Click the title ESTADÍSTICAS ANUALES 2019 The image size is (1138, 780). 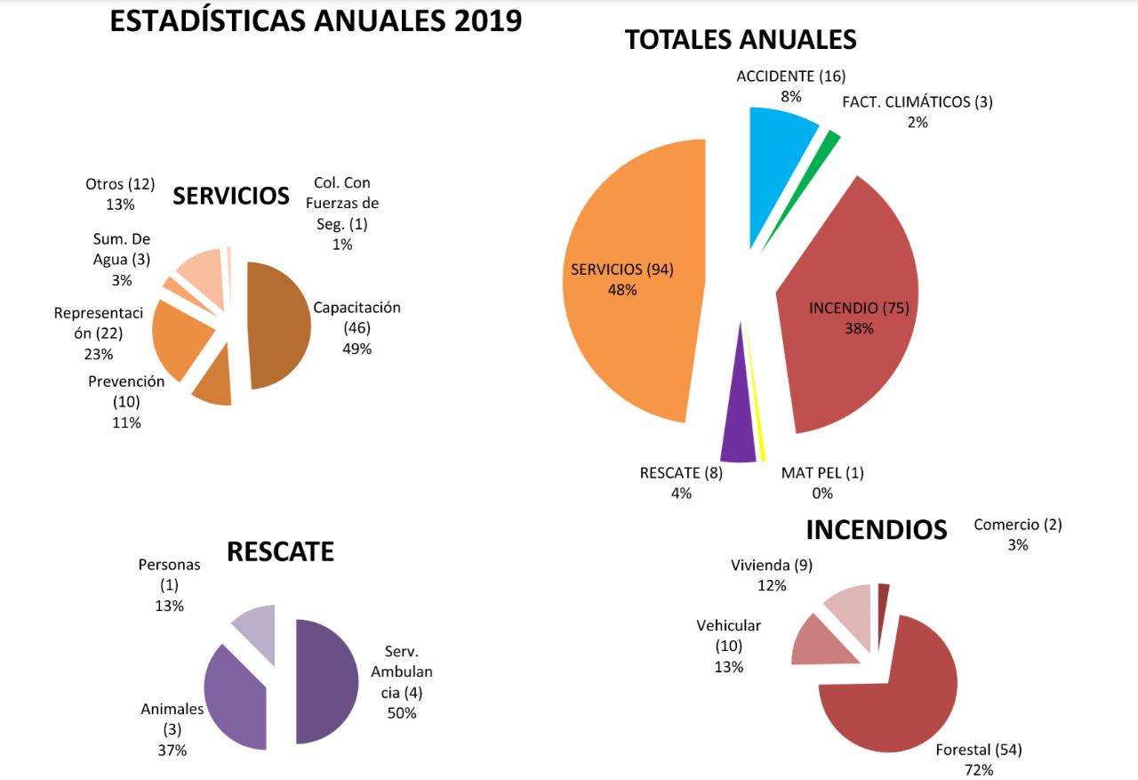[x=316, y=21]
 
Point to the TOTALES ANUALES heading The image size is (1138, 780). [x=741, y=39]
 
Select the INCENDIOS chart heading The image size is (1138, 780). [x=876, y=530]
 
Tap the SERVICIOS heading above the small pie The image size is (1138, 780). [x=231, y=196]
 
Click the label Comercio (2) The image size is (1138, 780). [x=1017, y=525]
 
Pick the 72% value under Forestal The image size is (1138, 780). [x=978, y=768]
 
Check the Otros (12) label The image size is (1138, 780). [x=120, y=184]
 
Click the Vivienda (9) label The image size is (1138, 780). [x=771, y=566]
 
